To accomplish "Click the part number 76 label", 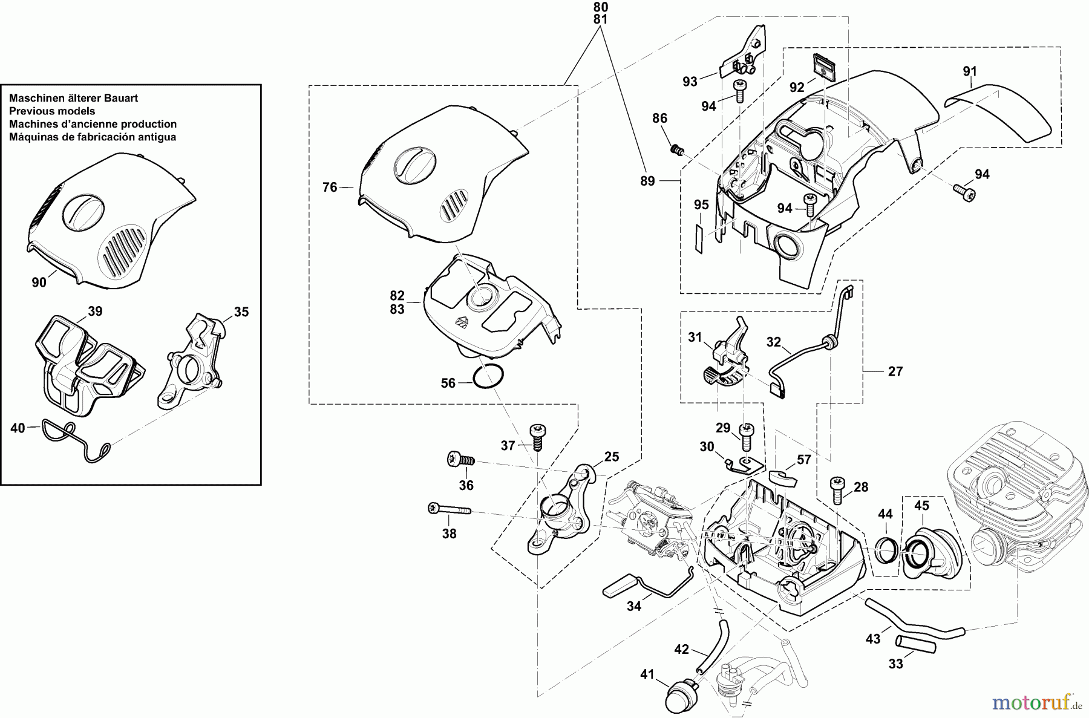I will pyautogui.click(x=330, y=188).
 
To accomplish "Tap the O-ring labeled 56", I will pyautogui.click(x=488, y=377).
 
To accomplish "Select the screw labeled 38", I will pyautogui.click(x=451, y=510).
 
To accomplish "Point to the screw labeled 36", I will pyautogui.click(x=460, y=461).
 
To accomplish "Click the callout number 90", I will pyautogui.click(x=39, y=282).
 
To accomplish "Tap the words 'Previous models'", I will pyautogui.click(x=52, y=111).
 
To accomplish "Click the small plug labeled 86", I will pyautogui.click(x=675, y=149).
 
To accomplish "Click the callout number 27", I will pyautogui.click(x=895, y=371).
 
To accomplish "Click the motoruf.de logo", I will pyautogui.click(x=1037, y=703).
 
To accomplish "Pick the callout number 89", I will pyautogui.click(x=647, y=181).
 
